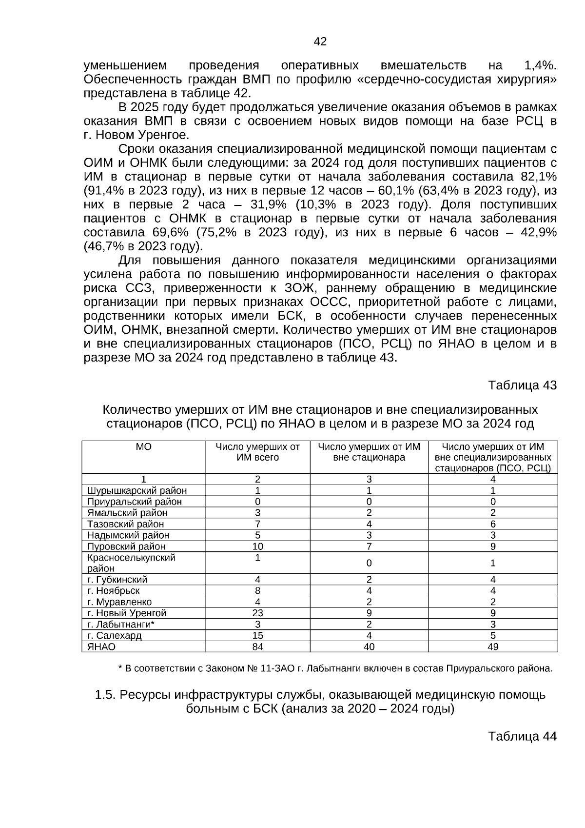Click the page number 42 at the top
(x=320, y=42)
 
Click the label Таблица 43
(x=522, y=385)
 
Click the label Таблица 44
(x=522, y=736)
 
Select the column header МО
(x=143, y=447)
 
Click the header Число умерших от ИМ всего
(x=257, y=452)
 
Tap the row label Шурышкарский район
(x=137, y=490)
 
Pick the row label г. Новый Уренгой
(x=127, y=613)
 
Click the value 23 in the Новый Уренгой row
(x=258, y=613)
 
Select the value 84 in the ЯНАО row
(x=258, y=646)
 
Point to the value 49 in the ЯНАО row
(x=493, y=646)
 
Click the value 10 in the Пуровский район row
(x=258, y=546)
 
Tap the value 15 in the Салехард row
(x=258, y=635)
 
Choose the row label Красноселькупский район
(x=131, y=563)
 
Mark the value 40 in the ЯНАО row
(x=369, y=646)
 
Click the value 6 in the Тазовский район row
(x=493, y=524)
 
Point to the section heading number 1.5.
(x=104, y=695)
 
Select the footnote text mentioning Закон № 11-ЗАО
(x=335, y=668)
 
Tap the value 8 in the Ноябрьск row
(x=258, y=590)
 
